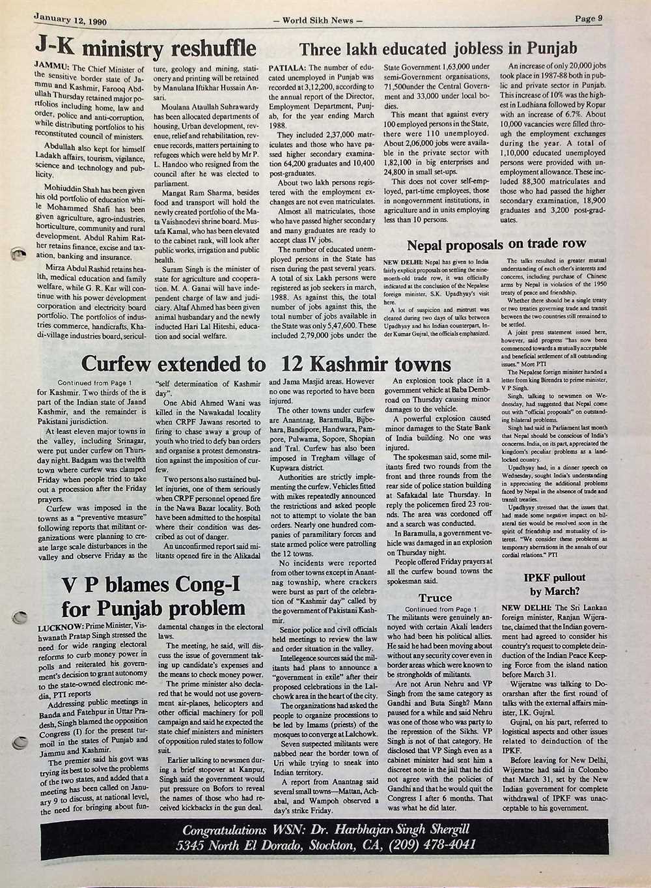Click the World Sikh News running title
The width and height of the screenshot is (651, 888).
318,20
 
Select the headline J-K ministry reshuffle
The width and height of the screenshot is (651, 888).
145,48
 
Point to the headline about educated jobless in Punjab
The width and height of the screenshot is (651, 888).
438,48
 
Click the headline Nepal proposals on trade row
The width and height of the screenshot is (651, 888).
497,244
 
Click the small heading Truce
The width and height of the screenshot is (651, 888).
435,597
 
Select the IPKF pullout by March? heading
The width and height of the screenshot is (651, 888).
555,584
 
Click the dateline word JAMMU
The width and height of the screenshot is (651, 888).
51,67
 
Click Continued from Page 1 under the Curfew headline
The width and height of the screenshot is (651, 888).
95,382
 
